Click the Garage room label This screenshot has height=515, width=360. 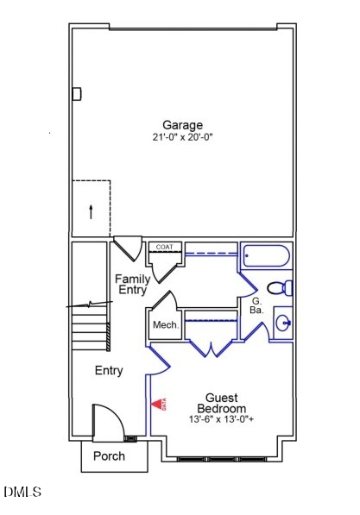pyautogui.click(x=182, y=125)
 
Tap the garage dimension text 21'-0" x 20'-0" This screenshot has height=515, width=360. pyautogui.click(x=182, y=137)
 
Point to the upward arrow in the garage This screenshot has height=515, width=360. pyautogui.click(x=90, y=210)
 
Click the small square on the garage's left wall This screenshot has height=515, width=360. pyautogui.click(x=77, y=93)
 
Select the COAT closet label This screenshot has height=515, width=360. pyautogui.click(x=164, y=247)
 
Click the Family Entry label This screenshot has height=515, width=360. pyautogui.click(x=132, y=285)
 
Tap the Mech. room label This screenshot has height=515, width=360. pyautogui.click(x=165, y=325)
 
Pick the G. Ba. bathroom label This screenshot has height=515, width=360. pyautogui.click(x=256, y=303)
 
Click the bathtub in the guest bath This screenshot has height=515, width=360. pyautogui.click(x=268, y=257)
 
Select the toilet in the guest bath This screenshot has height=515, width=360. pyautogui.click(x=280, y=288)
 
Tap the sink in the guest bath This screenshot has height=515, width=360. pyautogui.click(x=283, y=323)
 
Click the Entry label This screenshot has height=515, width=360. pyautogui.click(x=109, y=371)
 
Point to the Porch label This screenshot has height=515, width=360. pyautogui.click(x=109, y=455)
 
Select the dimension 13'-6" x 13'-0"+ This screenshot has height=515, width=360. pyautogui.click(x=221, y=419)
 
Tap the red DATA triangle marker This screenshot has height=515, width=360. pyautogui.click(x=158, y=404)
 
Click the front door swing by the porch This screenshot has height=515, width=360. pyautogui.click(x=109, y=423)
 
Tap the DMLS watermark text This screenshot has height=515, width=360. pyautogui.click(x=22, y=493)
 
